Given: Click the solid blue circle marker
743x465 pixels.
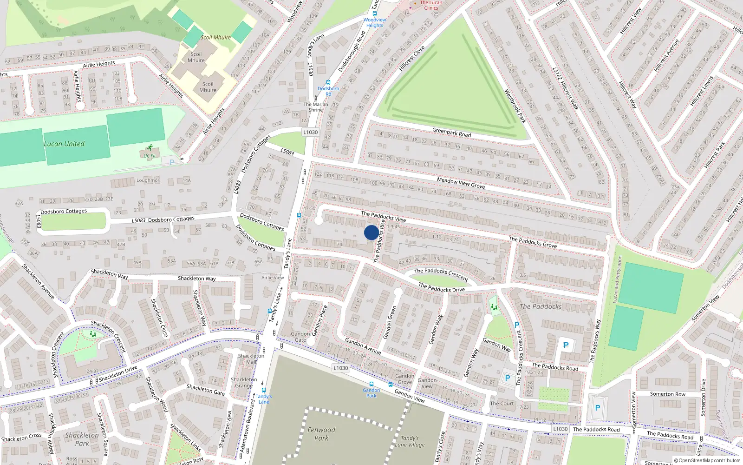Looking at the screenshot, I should tap(371, 232).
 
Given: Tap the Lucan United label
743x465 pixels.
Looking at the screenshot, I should tap(64, 144).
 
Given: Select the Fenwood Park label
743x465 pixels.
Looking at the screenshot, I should tap(321, 434).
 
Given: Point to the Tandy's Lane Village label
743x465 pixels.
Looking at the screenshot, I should tap(410, 441).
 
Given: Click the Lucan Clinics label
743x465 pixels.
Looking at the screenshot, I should tap(431, 5).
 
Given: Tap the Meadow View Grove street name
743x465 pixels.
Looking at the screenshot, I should tap(461, 183).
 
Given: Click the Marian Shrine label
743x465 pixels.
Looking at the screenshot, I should tap(316, 107).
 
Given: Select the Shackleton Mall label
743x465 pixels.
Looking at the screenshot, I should tap(251, 359).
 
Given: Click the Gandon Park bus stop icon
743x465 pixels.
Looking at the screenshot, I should tap(371, 384).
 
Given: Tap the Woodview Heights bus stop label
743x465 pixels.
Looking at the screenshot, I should tap(375, 22).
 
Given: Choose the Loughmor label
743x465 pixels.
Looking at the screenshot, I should tap(148, 180).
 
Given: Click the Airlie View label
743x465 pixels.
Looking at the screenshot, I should tap(273, 278).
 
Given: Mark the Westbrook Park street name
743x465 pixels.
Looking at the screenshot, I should tap(515, 106).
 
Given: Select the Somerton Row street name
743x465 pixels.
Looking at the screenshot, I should tap(667, 394).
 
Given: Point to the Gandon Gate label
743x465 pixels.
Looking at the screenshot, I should tap(300, 337).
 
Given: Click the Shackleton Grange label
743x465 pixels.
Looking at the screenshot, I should tap(244, 382).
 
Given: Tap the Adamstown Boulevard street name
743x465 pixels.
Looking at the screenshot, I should tap(248, 425).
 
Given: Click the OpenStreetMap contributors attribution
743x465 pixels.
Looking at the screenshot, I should tap(707, 460).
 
